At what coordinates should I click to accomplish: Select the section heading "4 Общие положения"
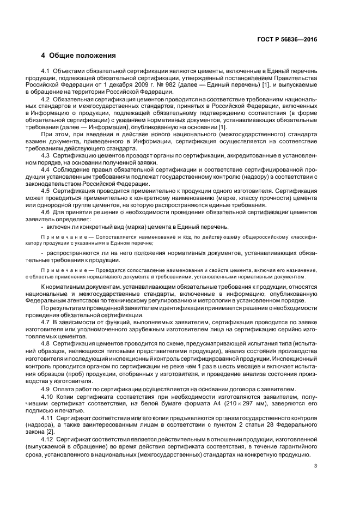click(78, 56)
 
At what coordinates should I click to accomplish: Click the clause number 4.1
click(46, 71)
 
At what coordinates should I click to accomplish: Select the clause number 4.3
click(46, 156)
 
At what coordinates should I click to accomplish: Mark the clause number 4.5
click(46, 192)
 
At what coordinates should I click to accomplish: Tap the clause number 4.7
click(46, 323)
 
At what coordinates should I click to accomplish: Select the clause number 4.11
click(47, 419)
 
